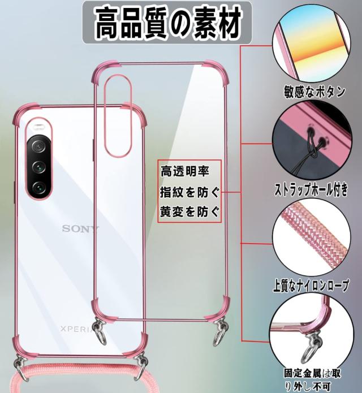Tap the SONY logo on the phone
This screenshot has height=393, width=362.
80,228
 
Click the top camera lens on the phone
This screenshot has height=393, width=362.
39,147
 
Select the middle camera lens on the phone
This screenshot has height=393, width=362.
39,166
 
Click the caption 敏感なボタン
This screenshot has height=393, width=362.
315,92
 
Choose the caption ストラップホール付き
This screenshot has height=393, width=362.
314,188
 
